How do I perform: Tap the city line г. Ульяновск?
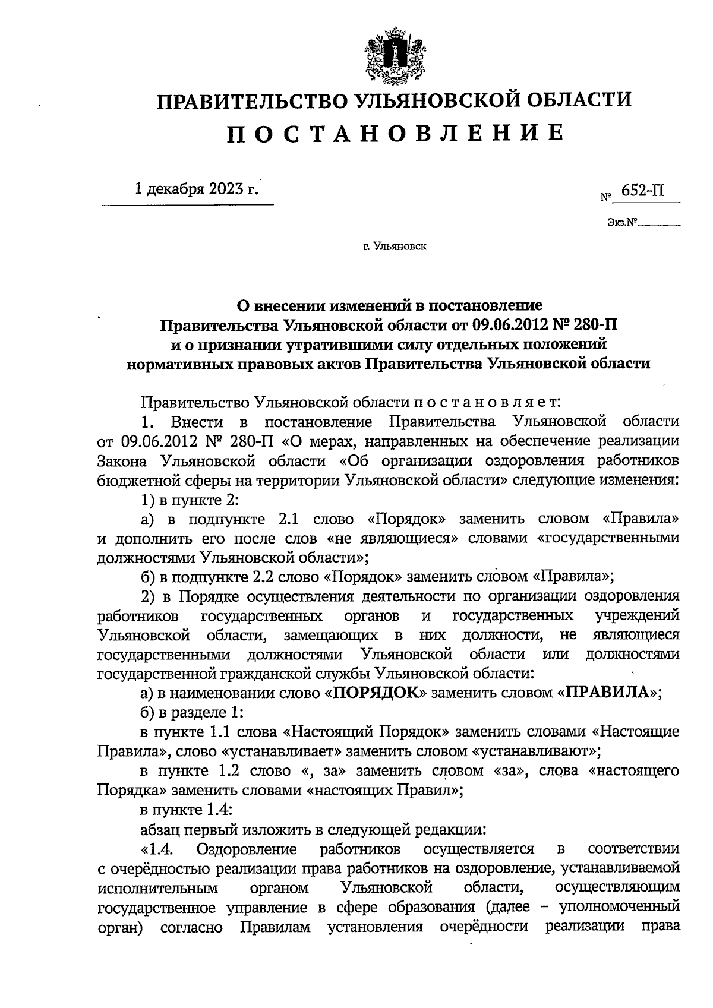pyautogui.click(x=395, y=245)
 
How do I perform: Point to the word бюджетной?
pyautogui.click(x=134, y=480)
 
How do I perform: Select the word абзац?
pyautogui.click(x=160, y=828)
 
